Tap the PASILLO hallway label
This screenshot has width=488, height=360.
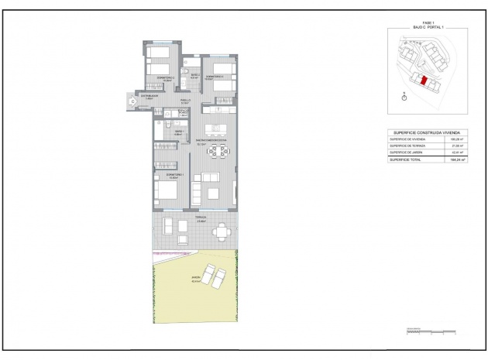tap(186, 100)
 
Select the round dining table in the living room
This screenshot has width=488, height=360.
tap(216, 153)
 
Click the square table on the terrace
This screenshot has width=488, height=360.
tap(222, 229)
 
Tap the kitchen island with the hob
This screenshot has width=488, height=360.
tap(214, 129)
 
